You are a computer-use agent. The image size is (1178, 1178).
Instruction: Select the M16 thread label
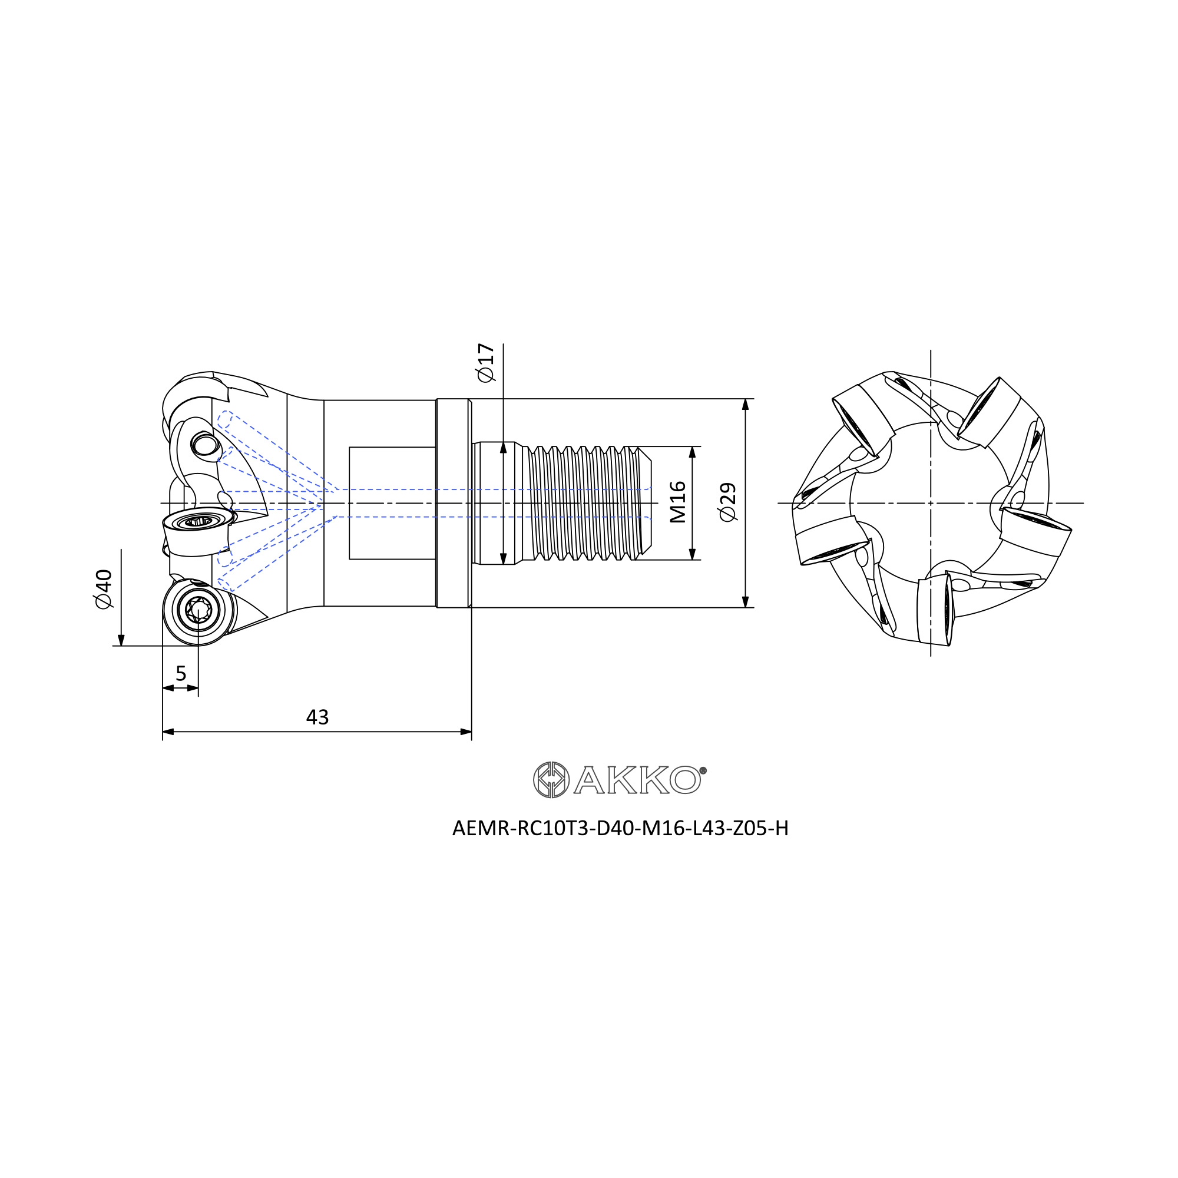click(x=677, y=502)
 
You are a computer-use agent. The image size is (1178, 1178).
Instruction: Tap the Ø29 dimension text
click(x=727, y=502)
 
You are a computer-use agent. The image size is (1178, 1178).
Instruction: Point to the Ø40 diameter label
click(x=103, y=588)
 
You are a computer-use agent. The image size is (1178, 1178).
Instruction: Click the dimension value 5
click(x=180, y=673)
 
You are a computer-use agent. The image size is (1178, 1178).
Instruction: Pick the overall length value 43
click(x=317, y=717)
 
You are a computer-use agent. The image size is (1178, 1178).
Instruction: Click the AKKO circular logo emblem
click(x=551, y=780)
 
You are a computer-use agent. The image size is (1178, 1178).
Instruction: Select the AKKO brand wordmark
click(x=640, y=780)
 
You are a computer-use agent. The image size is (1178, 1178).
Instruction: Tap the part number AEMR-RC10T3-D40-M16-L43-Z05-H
click(x=620, y=828)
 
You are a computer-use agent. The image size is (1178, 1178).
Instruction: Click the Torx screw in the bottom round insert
click(x=198, y=610)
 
